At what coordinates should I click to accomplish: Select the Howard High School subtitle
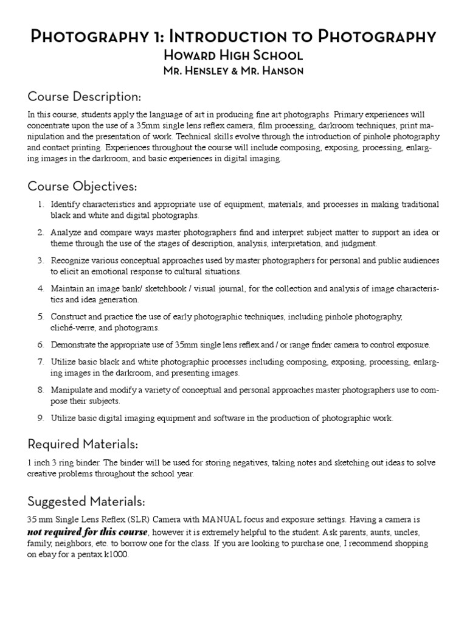[x=233, y=55]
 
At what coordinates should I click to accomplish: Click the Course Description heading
[x=85, y=97]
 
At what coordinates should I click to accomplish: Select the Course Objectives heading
[x=82, y=186]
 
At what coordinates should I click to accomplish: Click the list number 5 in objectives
[x=40, y=316]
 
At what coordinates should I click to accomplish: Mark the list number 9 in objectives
[x=40, y=418]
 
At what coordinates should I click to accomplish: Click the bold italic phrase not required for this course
[x=88, y=532]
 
